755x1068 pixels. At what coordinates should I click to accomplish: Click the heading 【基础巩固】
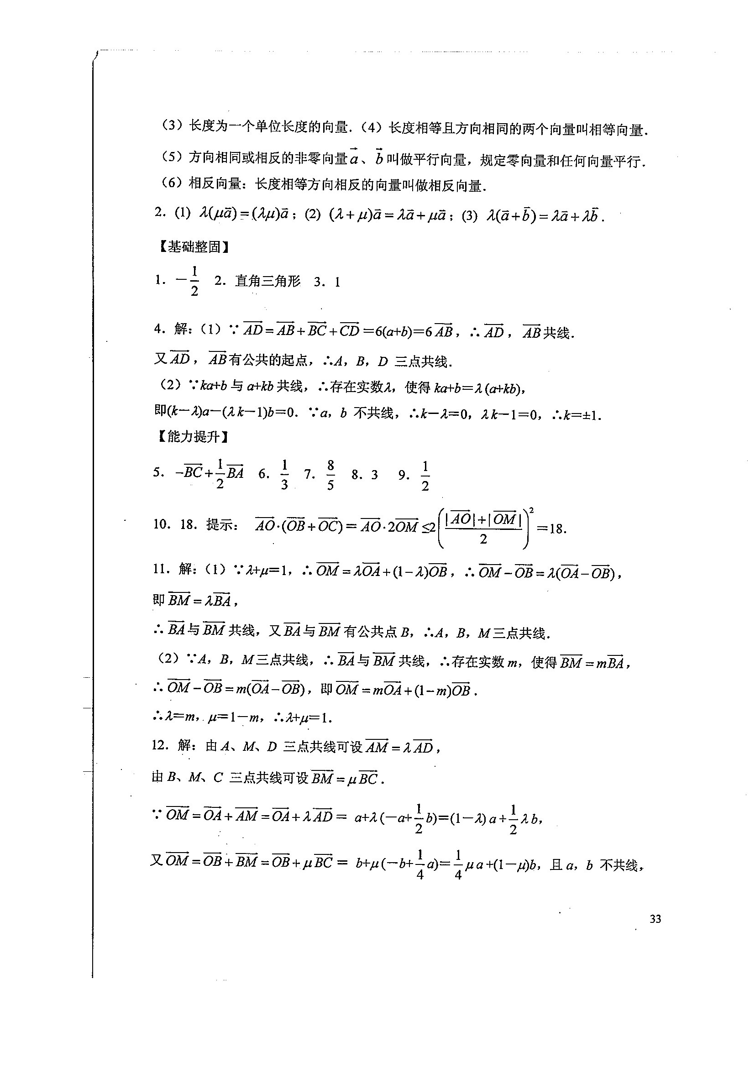(x=194, y=247)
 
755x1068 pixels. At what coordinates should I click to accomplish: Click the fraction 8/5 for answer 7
(x=330, y=475)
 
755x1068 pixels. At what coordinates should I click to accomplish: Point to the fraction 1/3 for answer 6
(x=284, y=475)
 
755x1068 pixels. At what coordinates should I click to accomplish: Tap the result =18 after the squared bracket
(x=552, y=529)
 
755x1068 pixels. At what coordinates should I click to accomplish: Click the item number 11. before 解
(x=161, y=570)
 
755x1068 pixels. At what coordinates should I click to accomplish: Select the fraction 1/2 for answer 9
(x=425, y=476)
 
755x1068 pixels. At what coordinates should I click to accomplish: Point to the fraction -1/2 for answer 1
(x=189, y=281)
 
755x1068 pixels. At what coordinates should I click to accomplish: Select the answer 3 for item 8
(x=374, y=475)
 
